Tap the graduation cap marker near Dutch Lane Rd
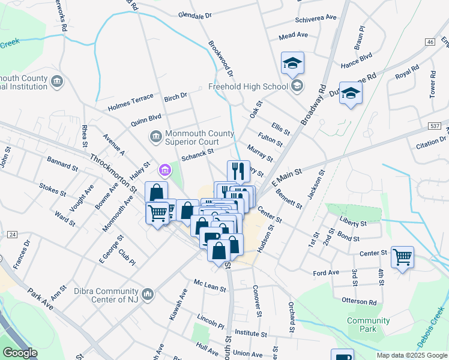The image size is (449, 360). click(351, 93)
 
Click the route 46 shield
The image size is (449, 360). click(429, 41)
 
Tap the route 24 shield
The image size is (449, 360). click(12, 235)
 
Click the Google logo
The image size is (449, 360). click(20, 353)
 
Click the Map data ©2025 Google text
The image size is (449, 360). click(411, 355)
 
